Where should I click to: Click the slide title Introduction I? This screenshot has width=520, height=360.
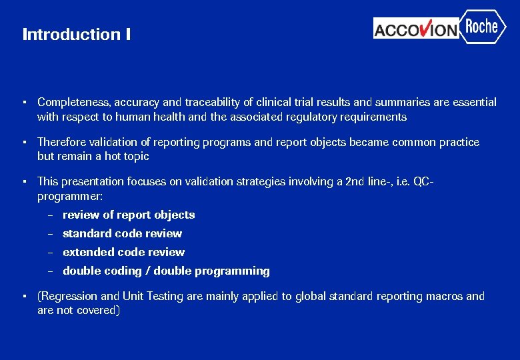76,34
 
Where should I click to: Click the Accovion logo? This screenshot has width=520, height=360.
416,29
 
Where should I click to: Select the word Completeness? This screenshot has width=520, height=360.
75,102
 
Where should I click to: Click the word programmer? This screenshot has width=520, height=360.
70,196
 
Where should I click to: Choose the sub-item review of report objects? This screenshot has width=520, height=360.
129,215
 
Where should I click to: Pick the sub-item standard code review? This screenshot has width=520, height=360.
122,233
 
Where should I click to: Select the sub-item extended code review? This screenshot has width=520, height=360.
123,252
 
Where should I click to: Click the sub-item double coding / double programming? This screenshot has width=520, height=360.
166,271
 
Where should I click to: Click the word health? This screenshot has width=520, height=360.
173,117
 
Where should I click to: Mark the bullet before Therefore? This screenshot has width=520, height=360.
23,142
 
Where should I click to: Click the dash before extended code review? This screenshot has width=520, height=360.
50,252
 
